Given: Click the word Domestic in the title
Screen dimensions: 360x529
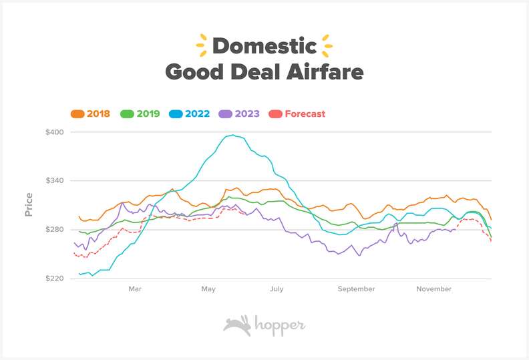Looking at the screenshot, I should coord(264,46).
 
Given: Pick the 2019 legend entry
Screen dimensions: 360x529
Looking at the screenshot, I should coord(140,114).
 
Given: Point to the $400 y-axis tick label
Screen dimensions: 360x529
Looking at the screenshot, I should coord(55,132).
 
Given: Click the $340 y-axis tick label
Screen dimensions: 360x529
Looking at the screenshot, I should coord(55,180).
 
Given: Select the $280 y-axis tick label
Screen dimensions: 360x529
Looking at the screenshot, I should coord(55,230).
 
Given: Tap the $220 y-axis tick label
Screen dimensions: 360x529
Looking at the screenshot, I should coord(55,279).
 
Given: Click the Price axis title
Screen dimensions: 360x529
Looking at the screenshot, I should coord(29,204).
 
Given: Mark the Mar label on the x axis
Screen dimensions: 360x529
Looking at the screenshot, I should coord(135,289).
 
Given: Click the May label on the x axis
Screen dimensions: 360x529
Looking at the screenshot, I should coord(208,289).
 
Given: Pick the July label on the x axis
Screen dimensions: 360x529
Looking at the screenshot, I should coord(277,289).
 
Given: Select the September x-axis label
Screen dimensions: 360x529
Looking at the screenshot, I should coord(356,289).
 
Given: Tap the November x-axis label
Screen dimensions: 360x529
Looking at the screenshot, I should coord(434,289).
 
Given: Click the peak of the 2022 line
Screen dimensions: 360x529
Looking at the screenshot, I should coord(231,136).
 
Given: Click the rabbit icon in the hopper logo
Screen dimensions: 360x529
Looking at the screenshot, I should coord(236,325).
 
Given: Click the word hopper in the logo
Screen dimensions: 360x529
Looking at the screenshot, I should coord(279,325).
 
